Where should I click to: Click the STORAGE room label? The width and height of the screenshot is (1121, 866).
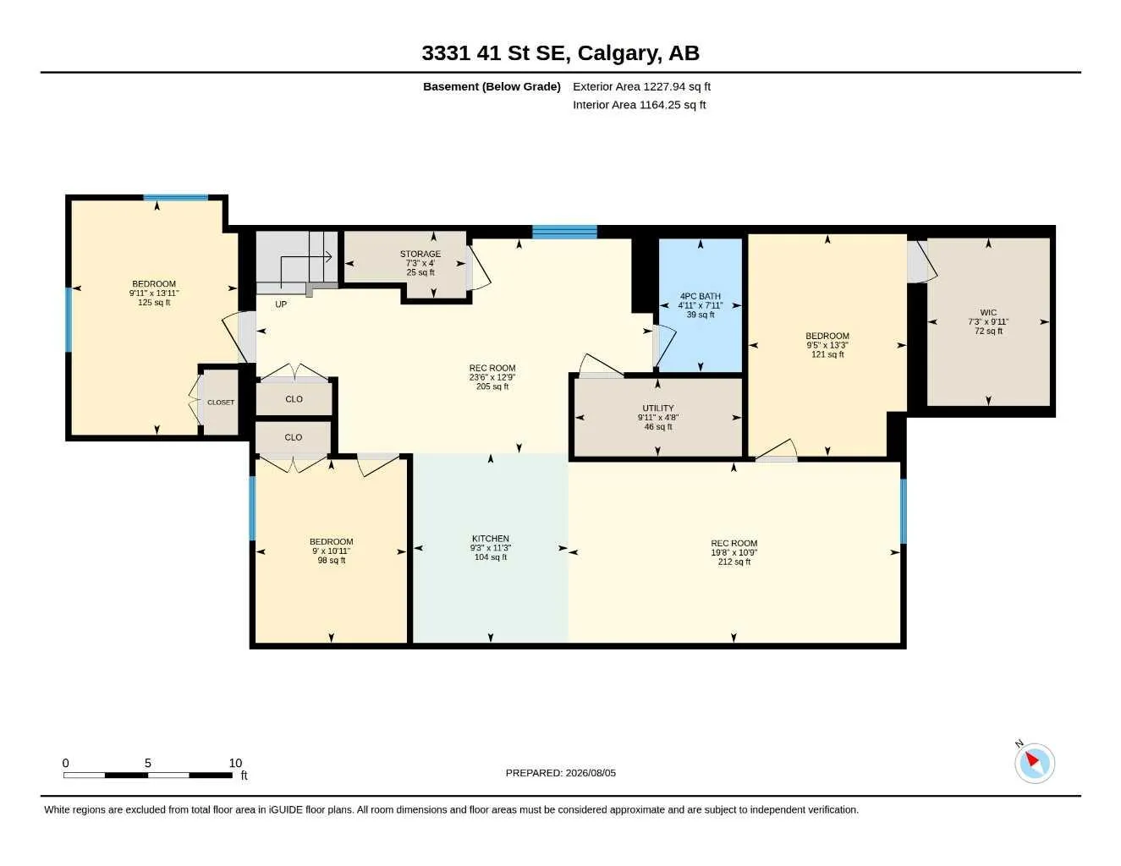pyautogui.click(x=420, y=254)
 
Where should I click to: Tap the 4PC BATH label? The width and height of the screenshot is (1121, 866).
pyautogui.click(x=700, y=296)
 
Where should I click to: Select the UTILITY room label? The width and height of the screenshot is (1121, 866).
pyautogui.click(x=657, y=408)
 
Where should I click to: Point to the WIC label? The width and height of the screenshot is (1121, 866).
pyautogui.click(x=988, y=312)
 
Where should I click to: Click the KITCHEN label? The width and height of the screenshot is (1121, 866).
pyautogui.click(x=490, y=538)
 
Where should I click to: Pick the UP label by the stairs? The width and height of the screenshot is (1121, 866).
pyautogui.click(x=281, y=304)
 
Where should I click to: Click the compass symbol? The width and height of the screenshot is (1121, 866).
pyautogui.click(x=1034, y=764)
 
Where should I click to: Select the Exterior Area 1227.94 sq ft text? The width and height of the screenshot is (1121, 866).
pyautogui.click(x=641, y=86)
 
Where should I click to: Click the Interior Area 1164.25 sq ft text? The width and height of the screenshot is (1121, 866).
pyautogui.click(x=639, y=105)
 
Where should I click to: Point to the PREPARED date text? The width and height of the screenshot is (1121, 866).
pyautogui.click(x=560, y=773)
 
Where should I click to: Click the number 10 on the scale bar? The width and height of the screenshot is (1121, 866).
pyautogui.click(x=235, y=763)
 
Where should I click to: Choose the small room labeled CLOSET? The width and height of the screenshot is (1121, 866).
pyautogui.click(x=221, y=402)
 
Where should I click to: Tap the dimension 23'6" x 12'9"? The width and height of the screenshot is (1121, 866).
pyautogui.click(x=492, y=377)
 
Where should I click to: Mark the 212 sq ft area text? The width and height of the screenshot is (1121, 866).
pyautogui.click(x=734, y=562)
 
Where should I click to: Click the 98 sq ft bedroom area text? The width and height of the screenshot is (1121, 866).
pyautogui.click(x=331, y=560)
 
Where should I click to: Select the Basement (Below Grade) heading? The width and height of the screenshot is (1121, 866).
pyautogui.click(x=492, y=86)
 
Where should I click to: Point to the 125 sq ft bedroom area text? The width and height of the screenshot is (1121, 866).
pyautogui.click(x=154, y=302)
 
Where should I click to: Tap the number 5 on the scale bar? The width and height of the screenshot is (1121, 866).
pyautogui.click(x=147, y=763)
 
